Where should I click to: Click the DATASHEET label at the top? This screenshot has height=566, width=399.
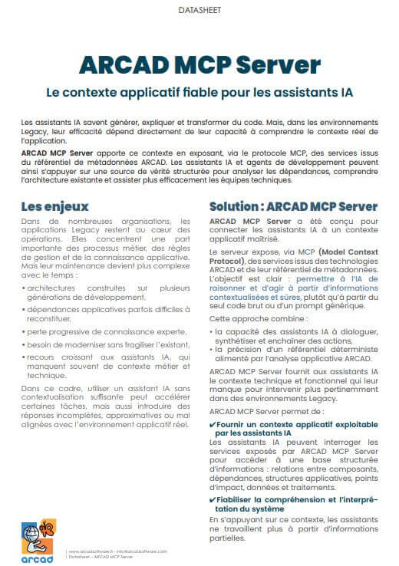(199, 11)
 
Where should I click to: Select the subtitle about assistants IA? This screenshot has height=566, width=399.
(199, 93)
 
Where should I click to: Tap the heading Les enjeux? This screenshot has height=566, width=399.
(54, 206)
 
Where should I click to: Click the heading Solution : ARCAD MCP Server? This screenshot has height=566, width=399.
(293, 207)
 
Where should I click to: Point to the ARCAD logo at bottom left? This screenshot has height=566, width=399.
(38, 540)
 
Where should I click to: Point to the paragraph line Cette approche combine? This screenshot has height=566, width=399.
(252, 317)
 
